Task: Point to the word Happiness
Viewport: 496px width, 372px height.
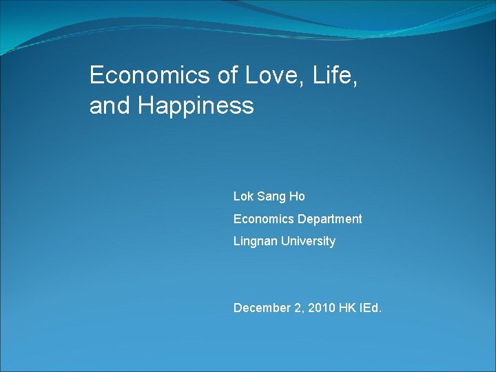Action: (196, 106)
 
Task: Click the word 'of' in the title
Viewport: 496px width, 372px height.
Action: (228, 75)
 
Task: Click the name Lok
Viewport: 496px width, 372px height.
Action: (243, 196)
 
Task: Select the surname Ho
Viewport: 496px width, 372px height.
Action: (297, 196)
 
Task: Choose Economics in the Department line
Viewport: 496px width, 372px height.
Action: (264, 219)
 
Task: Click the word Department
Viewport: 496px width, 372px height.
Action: (330, 219)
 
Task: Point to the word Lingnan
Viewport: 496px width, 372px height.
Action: (255, 241)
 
